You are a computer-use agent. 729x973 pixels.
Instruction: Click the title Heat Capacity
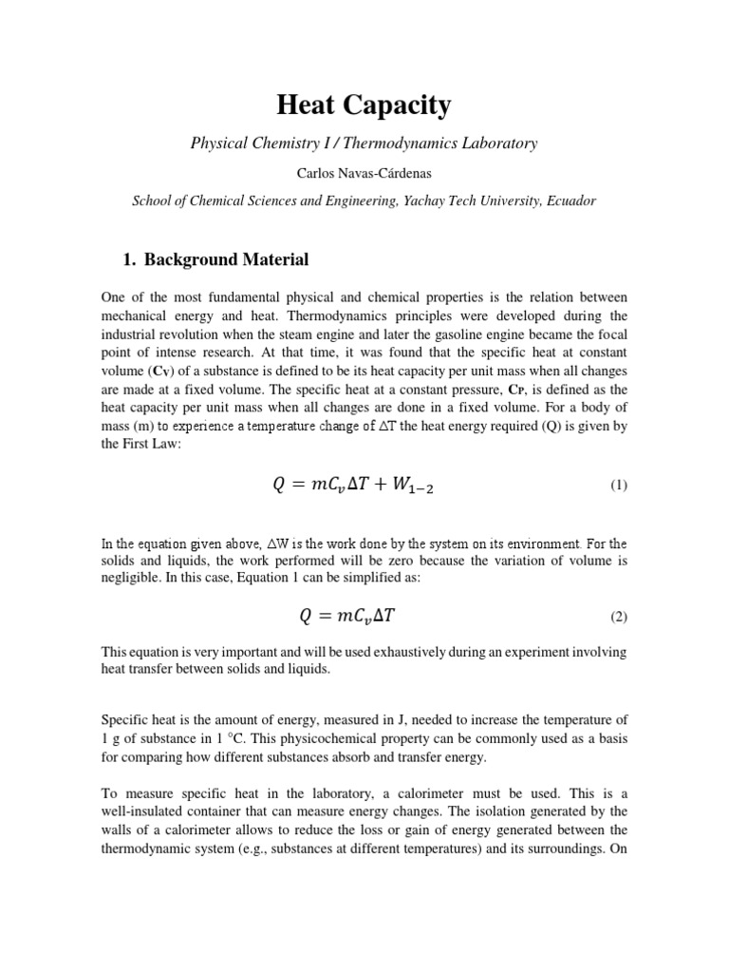tap(364, 105)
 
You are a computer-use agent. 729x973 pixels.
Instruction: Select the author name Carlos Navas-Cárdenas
tap(364, 173)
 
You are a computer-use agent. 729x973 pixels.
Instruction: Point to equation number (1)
tap(619, 486)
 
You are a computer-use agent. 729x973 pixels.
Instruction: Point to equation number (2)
tap(619, 617)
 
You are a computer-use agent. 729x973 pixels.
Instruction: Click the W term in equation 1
tap(417, 486)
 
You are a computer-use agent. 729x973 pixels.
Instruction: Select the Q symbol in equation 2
tap(305, 616)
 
